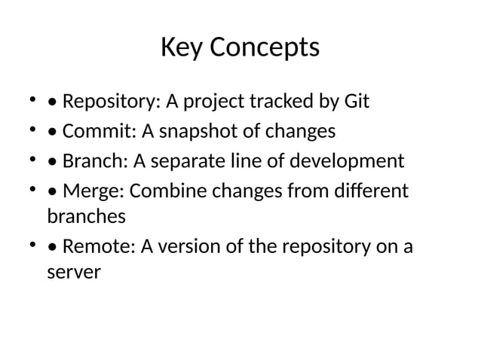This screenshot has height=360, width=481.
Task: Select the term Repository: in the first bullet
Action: click(x=100, y=101)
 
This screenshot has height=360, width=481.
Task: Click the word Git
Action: click(x=354, y=101)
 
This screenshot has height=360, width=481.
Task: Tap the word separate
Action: click(x=186, y=162)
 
